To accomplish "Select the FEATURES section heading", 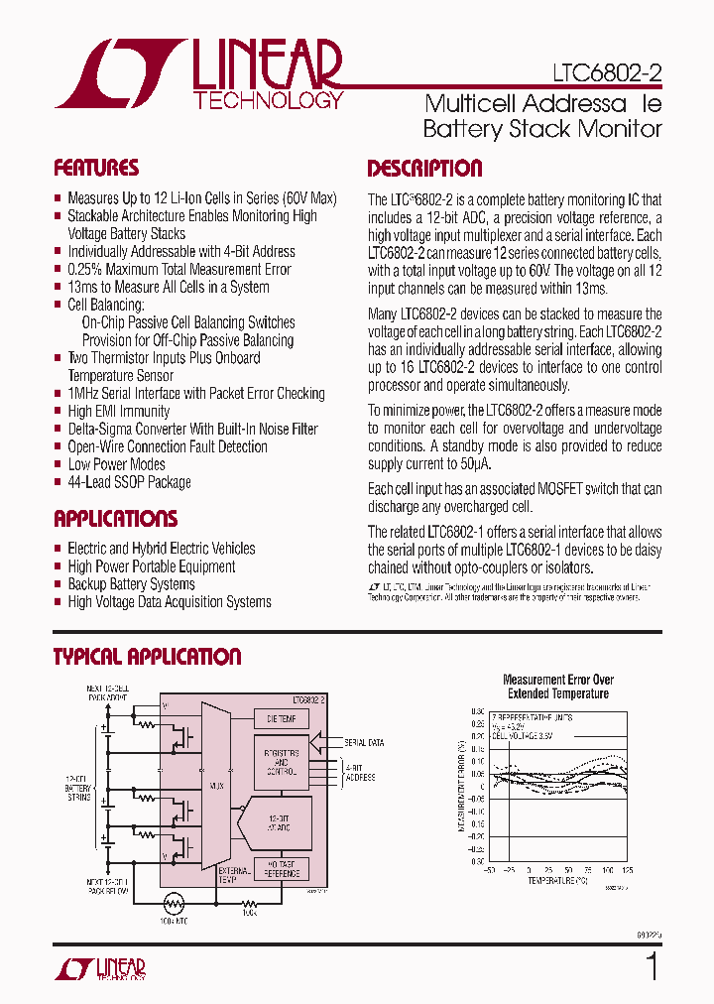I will [96, 168].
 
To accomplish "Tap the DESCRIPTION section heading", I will [424, 169].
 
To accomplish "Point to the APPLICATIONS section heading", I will [115, 519].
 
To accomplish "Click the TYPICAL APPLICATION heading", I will [147, 657].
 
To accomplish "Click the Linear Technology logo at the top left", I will [198, 74].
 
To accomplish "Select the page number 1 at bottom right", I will [652, 964].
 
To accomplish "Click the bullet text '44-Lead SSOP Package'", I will [129, 482].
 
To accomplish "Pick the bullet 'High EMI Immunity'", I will [118, 411].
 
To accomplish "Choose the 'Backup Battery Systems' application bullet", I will [131, 584].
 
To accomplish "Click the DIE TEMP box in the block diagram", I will [282, 718].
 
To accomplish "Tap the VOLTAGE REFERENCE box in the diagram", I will [282, 868].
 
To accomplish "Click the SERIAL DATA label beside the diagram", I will [363, 742].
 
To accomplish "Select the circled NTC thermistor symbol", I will [175, 905].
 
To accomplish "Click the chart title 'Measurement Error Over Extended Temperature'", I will [558, 687].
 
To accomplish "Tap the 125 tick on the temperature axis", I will [628, 869].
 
